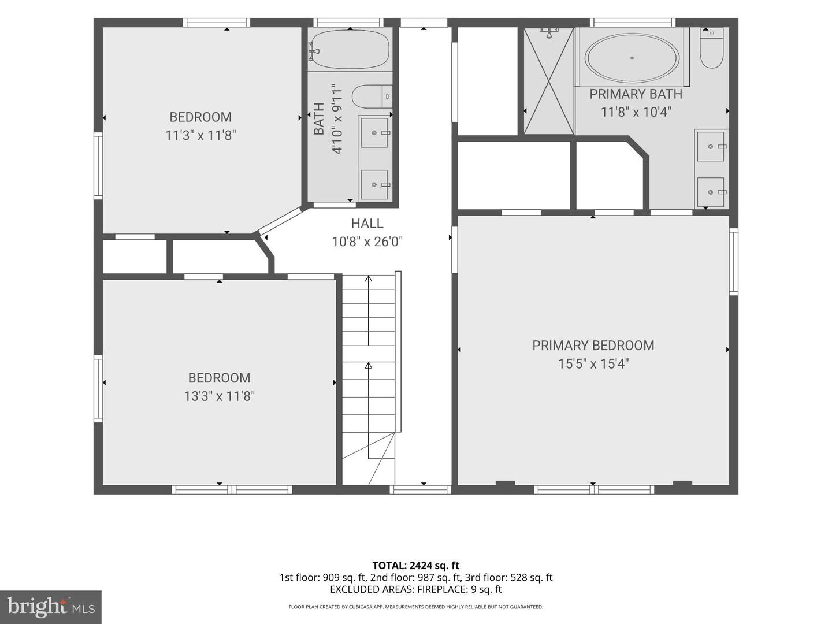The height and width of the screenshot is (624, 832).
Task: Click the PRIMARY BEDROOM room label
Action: pyautogui.click(x=593, y=346)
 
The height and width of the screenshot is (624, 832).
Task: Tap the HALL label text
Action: pyautogui.click(x=367, y=224)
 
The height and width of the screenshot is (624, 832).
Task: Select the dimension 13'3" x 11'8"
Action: pyautogui.click(x=219, y=396)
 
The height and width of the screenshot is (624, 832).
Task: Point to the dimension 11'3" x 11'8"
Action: pyautogui.click(x=200, y=135)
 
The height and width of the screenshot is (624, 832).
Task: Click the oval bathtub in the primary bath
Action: pyautogui.click(x=632, y=58)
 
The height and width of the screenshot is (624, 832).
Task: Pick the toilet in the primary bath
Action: pyautogui.click(x=711, y=48)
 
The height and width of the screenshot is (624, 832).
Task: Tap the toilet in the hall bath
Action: pyautogui.click(x=372, y=96)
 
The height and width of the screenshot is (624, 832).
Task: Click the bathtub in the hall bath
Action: pyautogui.click(x=349, y=49)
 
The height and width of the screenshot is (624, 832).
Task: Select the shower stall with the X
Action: pyautogui.click(x=548, y=81)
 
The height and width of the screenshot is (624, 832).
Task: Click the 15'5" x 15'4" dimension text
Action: pyautogui.click(x=593, y=364)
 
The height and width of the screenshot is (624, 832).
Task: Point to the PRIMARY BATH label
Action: pyautogui.click(x=636, y=94)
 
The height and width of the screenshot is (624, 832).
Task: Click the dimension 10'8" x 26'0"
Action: pyautogui.click(x=367, y=242)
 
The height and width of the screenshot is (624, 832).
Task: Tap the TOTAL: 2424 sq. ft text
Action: pyautogui.click(x=416, y=566)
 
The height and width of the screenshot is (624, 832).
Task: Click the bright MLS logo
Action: pyautogui.click(x=50, y=607)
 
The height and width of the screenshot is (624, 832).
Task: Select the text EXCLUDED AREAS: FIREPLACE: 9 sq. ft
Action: pyautogui.click(x=416, y=589)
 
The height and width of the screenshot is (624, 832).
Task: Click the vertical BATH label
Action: pyautogui.click(x=319, y=118)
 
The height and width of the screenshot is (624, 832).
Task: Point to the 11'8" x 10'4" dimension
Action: pyautogui.click(x=636, y=113)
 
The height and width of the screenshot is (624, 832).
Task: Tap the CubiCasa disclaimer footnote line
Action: pyautogui.click(x=416, y=607)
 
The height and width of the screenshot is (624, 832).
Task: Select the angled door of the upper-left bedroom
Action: pyautogui.click(x=280, y=220)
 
